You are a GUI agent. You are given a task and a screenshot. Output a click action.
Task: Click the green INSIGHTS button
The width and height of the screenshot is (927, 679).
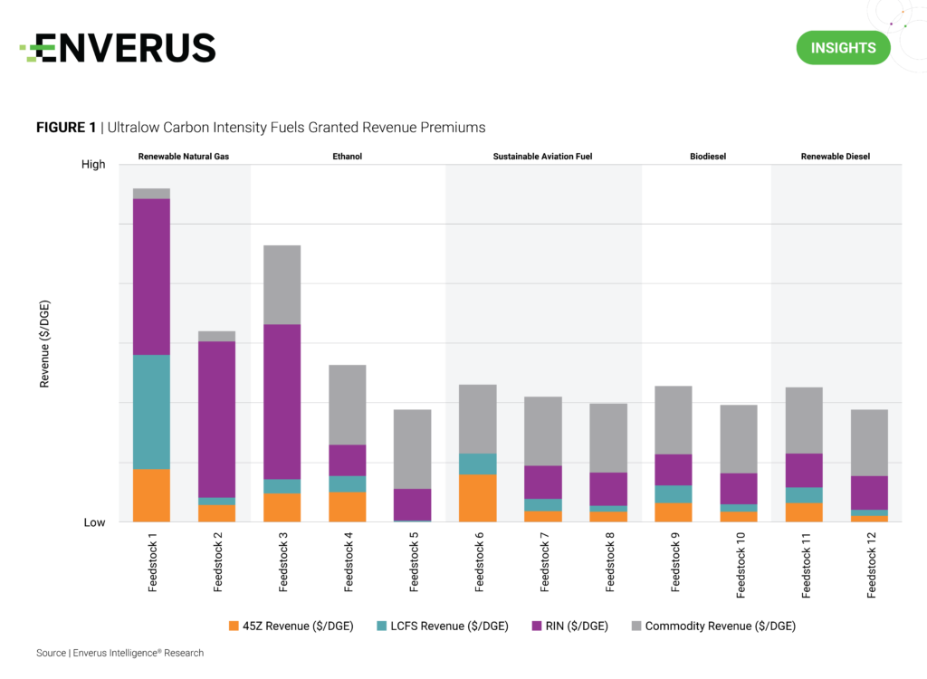[843, 47]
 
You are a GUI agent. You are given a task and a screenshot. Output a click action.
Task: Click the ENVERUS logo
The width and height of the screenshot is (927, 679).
[118, 48]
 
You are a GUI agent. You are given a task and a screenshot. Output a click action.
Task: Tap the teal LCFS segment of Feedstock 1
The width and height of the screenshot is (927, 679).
[152, 411]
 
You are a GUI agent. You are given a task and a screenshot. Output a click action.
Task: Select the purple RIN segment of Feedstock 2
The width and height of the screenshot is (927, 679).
[217, 418]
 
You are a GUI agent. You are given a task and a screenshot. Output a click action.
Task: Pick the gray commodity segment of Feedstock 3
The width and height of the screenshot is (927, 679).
[282, 284]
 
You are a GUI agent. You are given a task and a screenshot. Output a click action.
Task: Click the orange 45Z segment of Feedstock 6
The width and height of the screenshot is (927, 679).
[478, 497]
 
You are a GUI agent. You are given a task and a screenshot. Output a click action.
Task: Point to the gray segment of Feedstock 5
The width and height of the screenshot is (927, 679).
[413, 449]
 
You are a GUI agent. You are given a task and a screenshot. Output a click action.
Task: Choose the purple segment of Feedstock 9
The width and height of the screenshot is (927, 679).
[674, 469]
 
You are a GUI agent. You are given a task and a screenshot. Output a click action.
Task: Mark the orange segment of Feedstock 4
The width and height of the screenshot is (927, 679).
[348, 506]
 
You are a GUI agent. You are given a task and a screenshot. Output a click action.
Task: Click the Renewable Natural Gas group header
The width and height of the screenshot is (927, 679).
[184, 157]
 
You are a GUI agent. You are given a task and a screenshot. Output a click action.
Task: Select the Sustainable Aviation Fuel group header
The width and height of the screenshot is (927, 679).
[542, 157]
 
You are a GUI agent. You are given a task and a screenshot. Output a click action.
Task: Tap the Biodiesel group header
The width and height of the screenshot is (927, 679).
[708, 157]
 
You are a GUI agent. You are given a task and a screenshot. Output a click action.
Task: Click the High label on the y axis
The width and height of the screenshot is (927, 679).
[93, 164]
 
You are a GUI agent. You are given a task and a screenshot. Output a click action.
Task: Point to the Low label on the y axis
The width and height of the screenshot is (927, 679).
[94, 522]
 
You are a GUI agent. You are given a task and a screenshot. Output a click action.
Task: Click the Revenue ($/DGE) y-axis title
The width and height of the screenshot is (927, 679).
[44, 343]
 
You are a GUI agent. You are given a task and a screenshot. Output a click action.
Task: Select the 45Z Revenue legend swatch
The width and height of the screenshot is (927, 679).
[234, 626]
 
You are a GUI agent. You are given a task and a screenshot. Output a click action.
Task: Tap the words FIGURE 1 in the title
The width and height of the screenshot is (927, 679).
[66, 128]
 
